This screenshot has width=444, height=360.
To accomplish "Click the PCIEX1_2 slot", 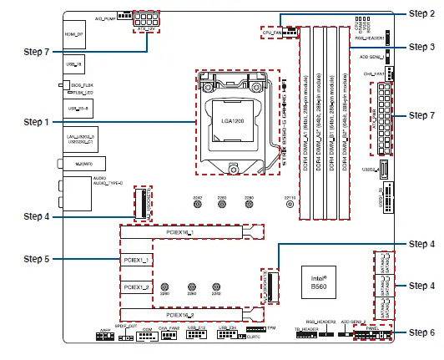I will click(135, 286).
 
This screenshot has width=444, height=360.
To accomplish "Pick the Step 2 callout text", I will click(421, 13).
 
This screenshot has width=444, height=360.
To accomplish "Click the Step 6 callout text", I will click(421, 332).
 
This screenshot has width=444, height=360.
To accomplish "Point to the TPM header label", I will click(272, 328).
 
